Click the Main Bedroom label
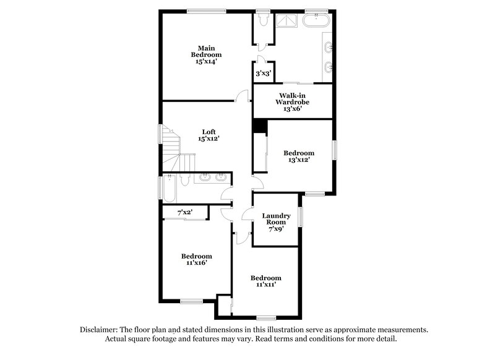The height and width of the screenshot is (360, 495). tap(206, 54)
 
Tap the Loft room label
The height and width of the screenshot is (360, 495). tap(209, 135)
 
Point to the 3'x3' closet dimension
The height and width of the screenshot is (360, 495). tap(262, 74)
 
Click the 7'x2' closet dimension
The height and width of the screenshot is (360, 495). tap(185, 212)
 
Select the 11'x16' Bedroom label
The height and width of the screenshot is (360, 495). tap(197, 259)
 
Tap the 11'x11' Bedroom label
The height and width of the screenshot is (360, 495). tap(266, 281)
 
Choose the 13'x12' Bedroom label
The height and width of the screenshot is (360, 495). tap(299, 156)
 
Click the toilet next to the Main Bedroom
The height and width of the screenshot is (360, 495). tap(263, 21)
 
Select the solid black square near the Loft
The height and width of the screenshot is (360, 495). tap(259, 125)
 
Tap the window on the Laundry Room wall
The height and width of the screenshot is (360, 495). tap(301, 216)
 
